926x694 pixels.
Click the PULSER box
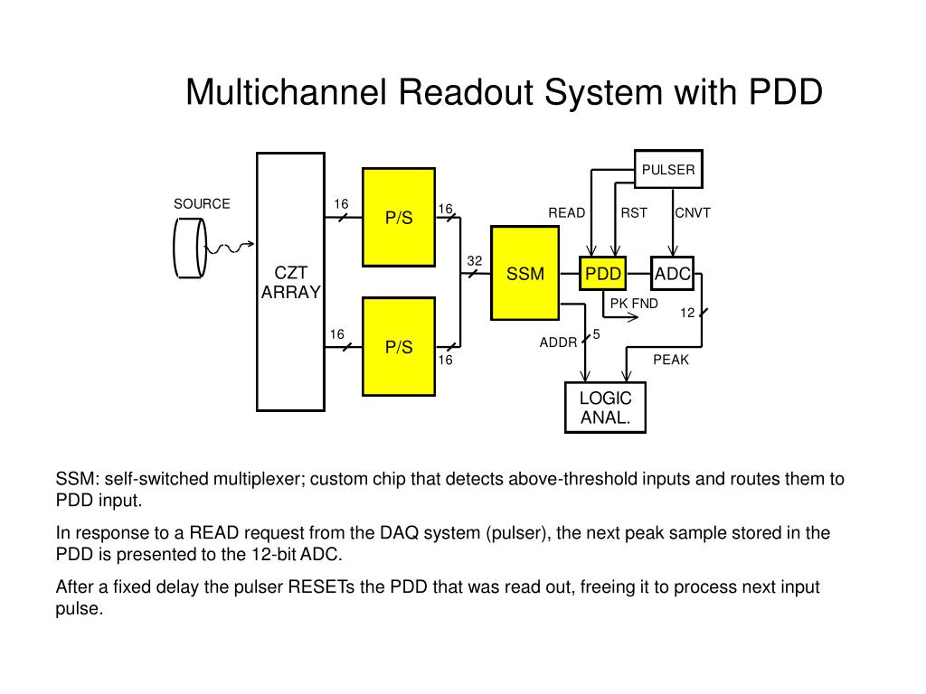[x=668, y=169]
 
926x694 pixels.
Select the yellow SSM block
[x=525, y=273]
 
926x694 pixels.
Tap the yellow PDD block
[x=603, y=273]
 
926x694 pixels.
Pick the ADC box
[x=672, y=273]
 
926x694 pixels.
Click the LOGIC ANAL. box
[x=605, y=408]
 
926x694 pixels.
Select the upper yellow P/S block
[x=399, y=217]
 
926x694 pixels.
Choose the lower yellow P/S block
[x=399, y=347]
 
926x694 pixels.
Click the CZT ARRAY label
[x=290, y=282]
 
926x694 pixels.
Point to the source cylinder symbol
[x=190, y=248]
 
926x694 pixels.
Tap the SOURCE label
[x=202, y=203]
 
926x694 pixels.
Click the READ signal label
[x=566, y=212]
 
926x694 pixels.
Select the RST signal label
[x=634, y=212]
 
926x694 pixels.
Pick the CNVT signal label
[x=693, y=212]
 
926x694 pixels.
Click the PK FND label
[x=634, y=304]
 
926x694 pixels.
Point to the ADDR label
[x=558, y=342]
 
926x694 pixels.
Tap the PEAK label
[x=671, y=360]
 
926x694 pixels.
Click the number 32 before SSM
[x=474, y=261]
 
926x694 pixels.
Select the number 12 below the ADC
[x=687, y=313]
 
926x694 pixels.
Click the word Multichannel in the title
[x=287, y=92]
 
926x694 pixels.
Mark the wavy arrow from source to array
[x=230, y=248]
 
